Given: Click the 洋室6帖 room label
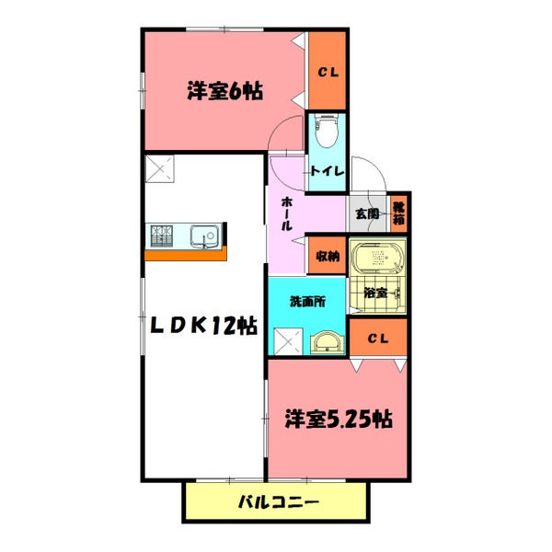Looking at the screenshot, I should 225,91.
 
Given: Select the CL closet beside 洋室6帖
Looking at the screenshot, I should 327,71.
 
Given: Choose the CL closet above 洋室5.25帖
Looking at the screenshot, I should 377,339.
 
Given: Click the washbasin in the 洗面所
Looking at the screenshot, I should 328,344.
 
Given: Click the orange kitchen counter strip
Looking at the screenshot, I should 185,255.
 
